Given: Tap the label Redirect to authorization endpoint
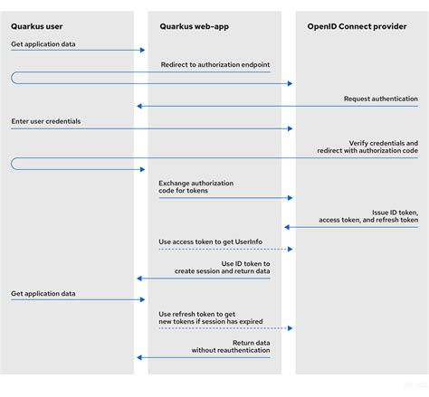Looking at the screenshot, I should click(x=214, y=65).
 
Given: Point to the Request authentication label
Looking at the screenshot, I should click(x=380, y=99).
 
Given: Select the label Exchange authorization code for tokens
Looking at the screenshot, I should click(x=195, y=187).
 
